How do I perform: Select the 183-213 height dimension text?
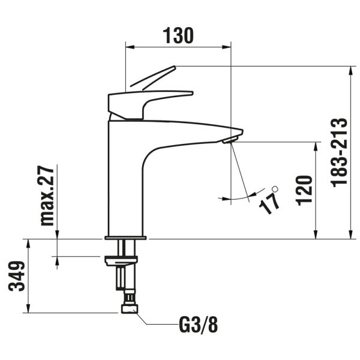tap(340, 152)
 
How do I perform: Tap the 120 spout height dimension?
tap(305, 191)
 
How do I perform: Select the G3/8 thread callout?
tap(199, 325)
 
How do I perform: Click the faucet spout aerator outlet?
tap(229, 140)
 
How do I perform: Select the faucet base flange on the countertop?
tap(125, 238)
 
